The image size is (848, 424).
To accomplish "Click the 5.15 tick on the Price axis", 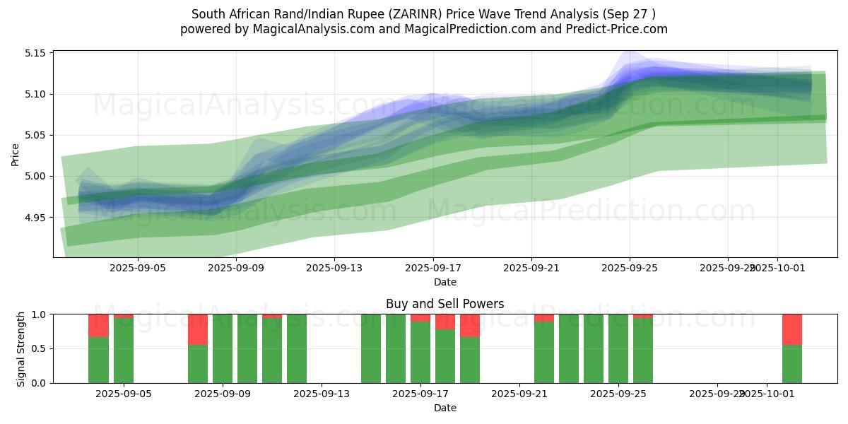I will point(35,53).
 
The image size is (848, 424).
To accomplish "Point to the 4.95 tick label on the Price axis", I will point(35,217).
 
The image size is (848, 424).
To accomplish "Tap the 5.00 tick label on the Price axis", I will point(35,176).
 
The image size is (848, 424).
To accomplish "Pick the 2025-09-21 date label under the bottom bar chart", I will point(519,394).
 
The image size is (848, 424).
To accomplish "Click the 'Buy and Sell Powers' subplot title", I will point(444,304).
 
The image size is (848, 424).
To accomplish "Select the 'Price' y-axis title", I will point(16,153).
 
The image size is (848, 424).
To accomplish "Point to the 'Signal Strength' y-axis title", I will point(21,348).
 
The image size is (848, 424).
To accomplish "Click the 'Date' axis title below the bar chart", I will point(444,408).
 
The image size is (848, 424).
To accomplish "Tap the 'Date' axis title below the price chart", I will point(444,282).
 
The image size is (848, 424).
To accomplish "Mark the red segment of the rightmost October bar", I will point(791,329).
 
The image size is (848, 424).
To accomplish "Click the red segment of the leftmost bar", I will point(98,325).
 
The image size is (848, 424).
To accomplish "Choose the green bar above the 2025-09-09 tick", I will point(223,348).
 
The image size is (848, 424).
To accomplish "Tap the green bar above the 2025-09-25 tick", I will point(618,348).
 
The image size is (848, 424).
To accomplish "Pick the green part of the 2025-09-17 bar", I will point(420,353).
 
